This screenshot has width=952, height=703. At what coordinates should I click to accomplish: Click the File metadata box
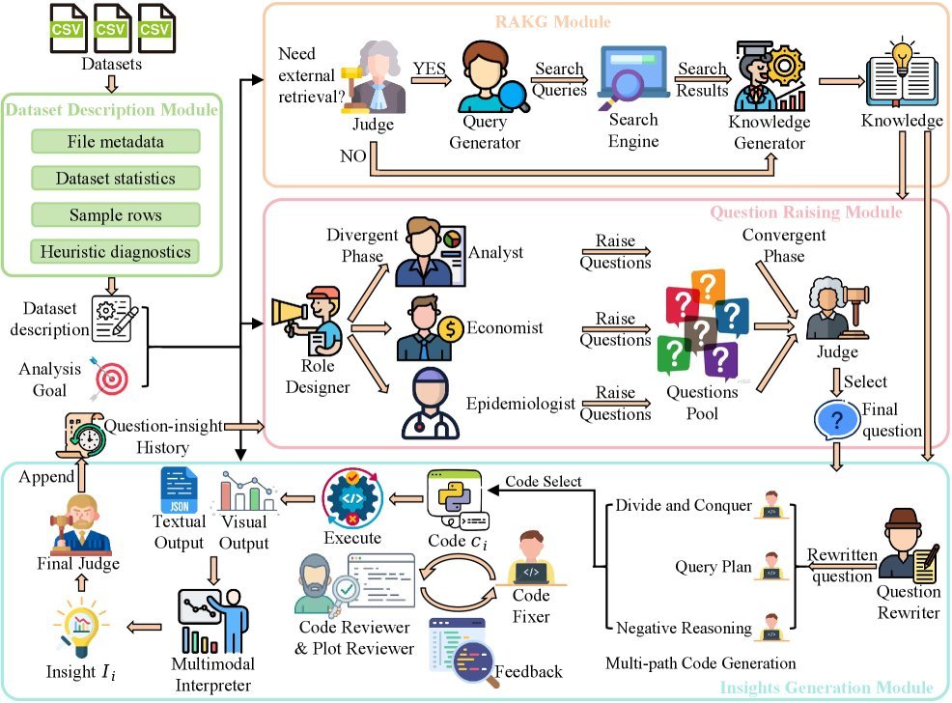point(115,142)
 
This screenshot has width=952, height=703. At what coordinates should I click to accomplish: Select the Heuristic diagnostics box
point(115,252)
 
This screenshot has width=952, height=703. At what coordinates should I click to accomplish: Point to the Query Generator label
point(491,133)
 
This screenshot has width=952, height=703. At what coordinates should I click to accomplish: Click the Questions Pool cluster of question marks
point(702,323)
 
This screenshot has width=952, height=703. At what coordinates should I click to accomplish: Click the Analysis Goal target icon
point(107,379)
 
